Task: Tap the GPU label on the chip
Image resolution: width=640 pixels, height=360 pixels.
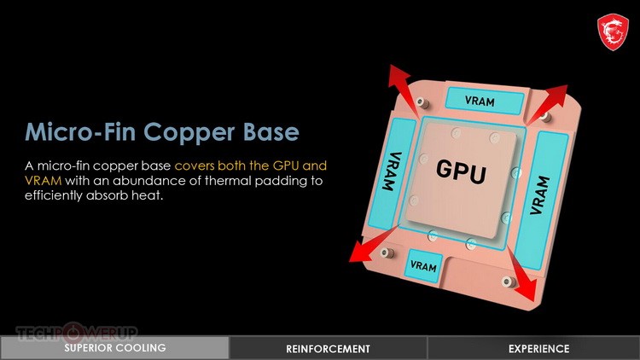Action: [x=461, y=171]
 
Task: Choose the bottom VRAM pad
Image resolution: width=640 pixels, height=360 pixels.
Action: [x=423, y=266]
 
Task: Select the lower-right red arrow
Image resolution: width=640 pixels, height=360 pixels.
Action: [x=521, y=276]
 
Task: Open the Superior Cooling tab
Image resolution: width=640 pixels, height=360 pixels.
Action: [x=114, y=348]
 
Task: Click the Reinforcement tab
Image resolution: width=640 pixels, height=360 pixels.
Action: [x=329, y=348]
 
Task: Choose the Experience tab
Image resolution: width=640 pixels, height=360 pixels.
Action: [x=538, y=348]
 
